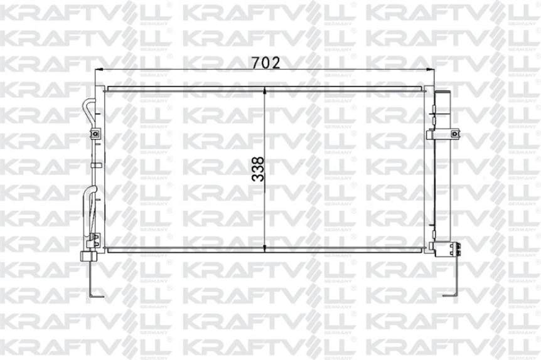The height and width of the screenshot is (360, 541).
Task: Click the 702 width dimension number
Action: click(265, 63)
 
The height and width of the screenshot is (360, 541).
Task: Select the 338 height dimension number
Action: click(258, 169)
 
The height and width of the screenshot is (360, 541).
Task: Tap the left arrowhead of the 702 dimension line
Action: click(99, 70)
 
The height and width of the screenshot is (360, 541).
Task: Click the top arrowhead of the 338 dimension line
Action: click(265, 91)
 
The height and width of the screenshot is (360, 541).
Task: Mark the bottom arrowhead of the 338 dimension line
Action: click(265, 248)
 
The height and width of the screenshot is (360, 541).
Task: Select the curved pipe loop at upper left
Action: click(89, 114)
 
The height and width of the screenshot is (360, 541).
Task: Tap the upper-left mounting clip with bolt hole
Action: click(95, 134)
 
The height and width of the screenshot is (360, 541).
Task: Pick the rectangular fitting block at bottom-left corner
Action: click(89, 257)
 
